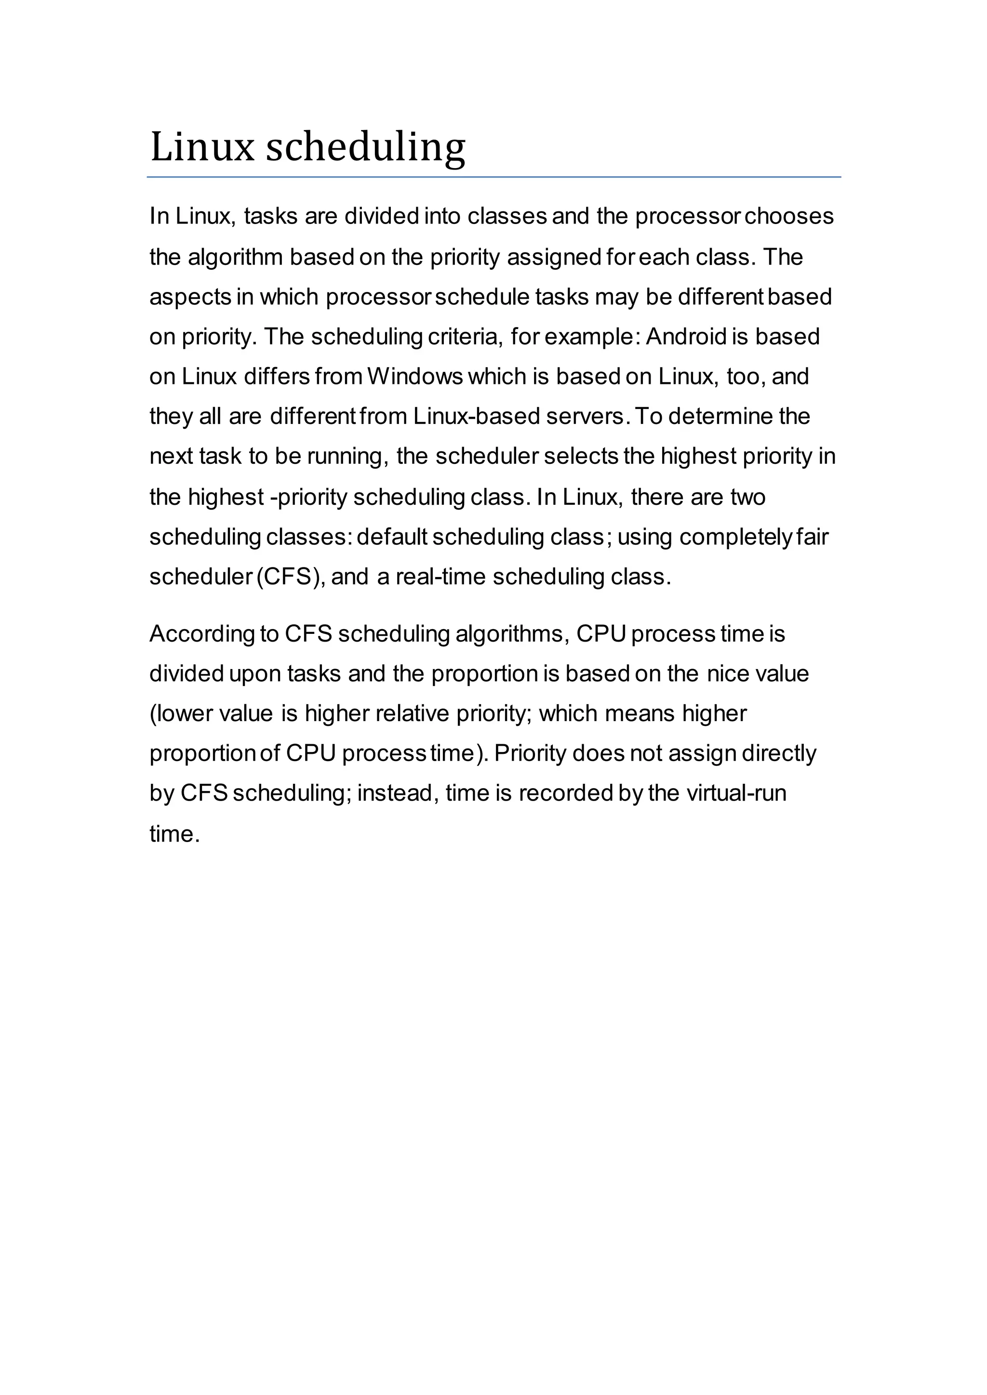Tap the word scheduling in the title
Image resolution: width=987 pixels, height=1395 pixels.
[366, 148]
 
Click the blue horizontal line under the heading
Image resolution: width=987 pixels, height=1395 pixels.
[493, 177]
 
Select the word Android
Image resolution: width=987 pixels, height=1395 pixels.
[686, 337]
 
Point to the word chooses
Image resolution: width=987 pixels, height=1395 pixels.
[789, 216]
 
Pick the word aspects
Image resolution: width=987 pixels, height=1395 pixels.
[189, 297]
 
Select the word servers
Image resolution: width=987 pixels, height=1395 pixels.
[586, 417]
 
